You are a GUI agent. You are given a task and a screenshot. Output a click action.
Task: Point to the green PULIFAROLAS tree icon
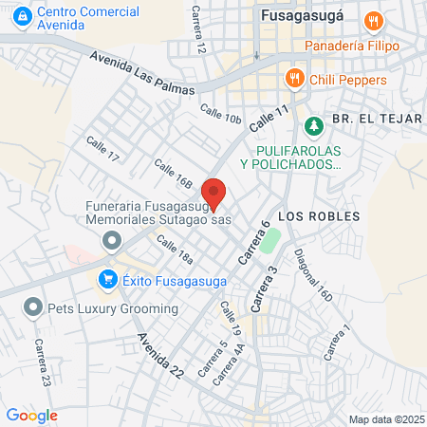point(312,124)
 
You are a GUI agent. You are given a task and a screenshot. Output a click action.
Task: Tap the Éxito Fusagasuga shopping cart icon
point(107,279)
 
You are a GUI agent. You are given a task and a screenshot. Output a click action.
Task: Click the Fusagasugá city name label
point(305,16)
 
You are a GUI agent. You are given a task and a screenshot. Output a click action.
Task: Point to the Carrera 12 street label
point(197,28)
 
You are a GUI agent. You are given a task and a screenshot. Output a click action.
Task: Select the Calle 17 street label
point(102,148)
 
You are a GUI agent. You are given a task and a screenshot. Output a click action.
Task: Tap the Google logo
point(31,415)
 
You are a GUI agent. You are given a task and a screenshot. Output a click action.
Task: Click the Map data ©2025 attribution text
point(383,419)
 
